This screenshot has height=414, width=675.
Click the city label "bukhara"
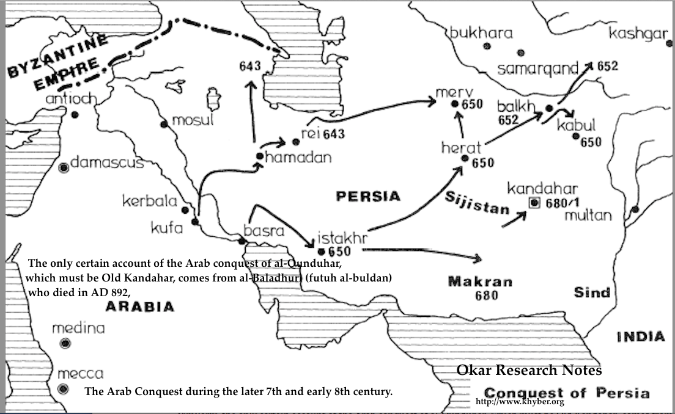(x=481, y=33)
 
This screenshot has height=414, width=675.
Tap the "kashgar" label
(x=638, y=34)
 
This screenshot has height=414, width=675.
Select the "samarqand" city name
(x=537, y=69)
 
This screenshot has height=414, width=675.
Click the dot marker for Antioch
(x=74, y=114)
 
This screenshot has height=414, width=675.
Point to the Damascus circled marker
(x=63, y=166)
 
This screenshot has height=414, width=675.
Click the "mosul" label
(x=193, y=120)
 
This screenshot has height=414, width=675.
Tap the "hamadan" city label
(x=299, y=158)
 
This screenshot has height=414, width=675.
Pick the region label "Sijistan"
(x=477, y=203)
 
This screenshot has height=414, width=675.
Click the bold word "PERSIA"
(x=368, y=196)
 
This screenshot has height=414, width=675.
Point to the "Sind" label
(x=592, y=292)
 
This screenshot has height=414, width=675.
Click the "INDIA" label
(x=640, y=336)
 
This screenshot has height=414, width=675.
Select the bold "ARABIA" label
(x=139, y=307)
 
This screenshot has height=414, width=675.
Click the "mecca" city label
(x=81, y=374)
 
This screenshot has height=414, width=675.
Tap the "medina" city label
(x=78, y=329)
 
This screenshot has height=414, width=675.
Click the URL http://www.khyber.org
(x=519, y=402)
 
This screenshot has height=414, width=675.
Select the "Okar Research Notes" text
(x=529, y=370)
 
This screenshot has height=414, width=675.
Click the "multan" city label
(x=588, y=216)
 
